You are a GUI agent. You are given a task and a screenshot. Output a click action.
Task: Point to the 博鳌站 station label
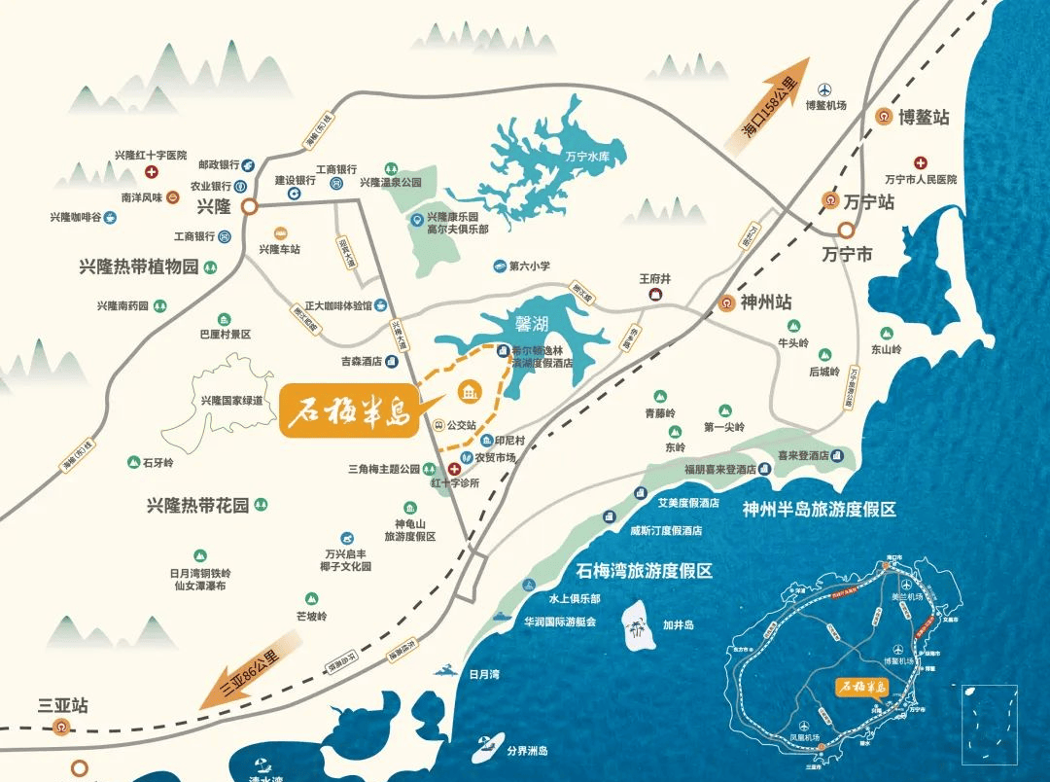[x=924, y=117]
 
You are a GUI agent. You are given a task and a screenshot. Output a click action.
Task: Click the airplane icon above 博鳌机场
[x=826, y=89]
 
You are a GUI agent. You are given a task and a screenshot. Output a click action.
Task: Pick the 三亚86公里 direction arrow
[x=238, y=676]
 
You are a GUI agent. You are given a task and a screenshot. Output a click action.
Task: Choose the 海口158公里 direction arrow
[x=769, y=102]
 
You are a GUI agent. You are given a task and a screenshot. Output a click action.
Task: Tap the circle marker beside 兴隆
[x=249, y=206]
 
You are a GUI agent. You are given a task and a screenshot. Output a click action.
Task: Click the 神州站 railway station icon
[x=726, y=302]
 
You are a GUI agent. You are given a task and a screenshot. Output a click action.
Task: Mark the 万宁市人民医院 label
[x=921, y=179]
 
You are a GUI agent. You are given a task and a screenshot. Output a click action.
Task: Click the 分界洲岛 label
[x=528, y=751]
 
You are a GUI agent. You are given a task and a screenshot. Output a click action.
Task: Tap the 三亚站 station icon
[x=62, y=725]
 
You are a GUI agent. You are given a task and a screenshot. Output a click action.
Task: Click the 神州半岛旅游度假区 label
[x=819, y=510]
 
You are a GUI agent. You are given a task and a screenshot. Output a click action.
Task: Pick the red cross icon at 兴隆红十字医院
[x=152, y=172]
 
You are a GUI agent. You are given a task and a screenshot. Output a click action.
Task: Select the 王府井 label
[x=655, y=279]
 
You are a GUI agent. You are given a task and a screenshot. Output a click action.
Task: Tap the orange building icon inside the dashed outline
[x=469, y=391]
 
